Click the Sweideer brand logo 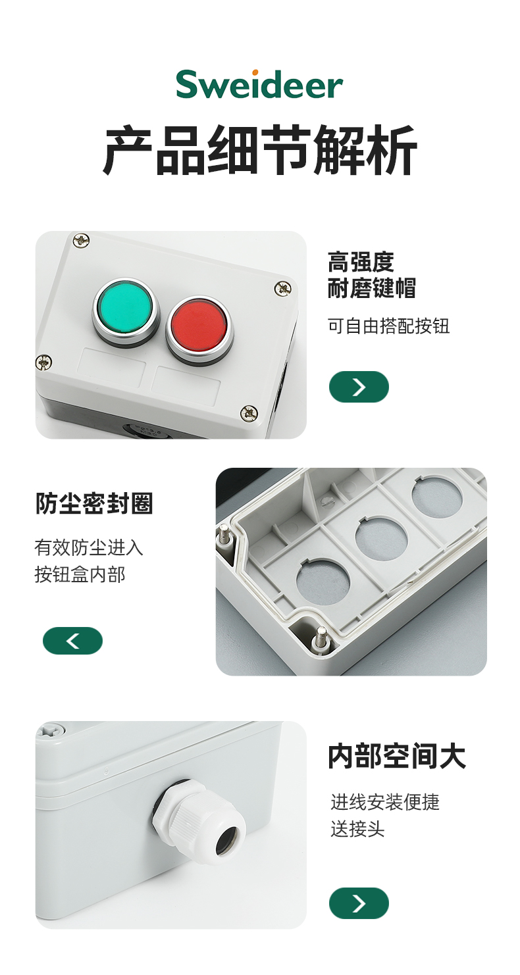(x=259, y=84)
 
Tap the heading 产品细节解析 (x=260, y=150)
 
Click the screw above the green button (x=82, y=239)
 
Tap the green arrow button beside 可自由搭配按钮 (x=359, y=387)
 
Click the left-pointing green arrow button (x=72, y=640)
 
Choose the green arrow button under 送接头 (x=359, y=903)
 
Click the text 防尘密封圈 (x=93, y=503)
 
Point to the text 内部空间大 (x=397, y=756)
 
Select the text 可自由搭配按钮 (x=388, y=326)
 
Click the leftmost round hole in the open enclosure (x=323, y=582)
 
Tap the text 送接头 (x=357, y=829)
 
